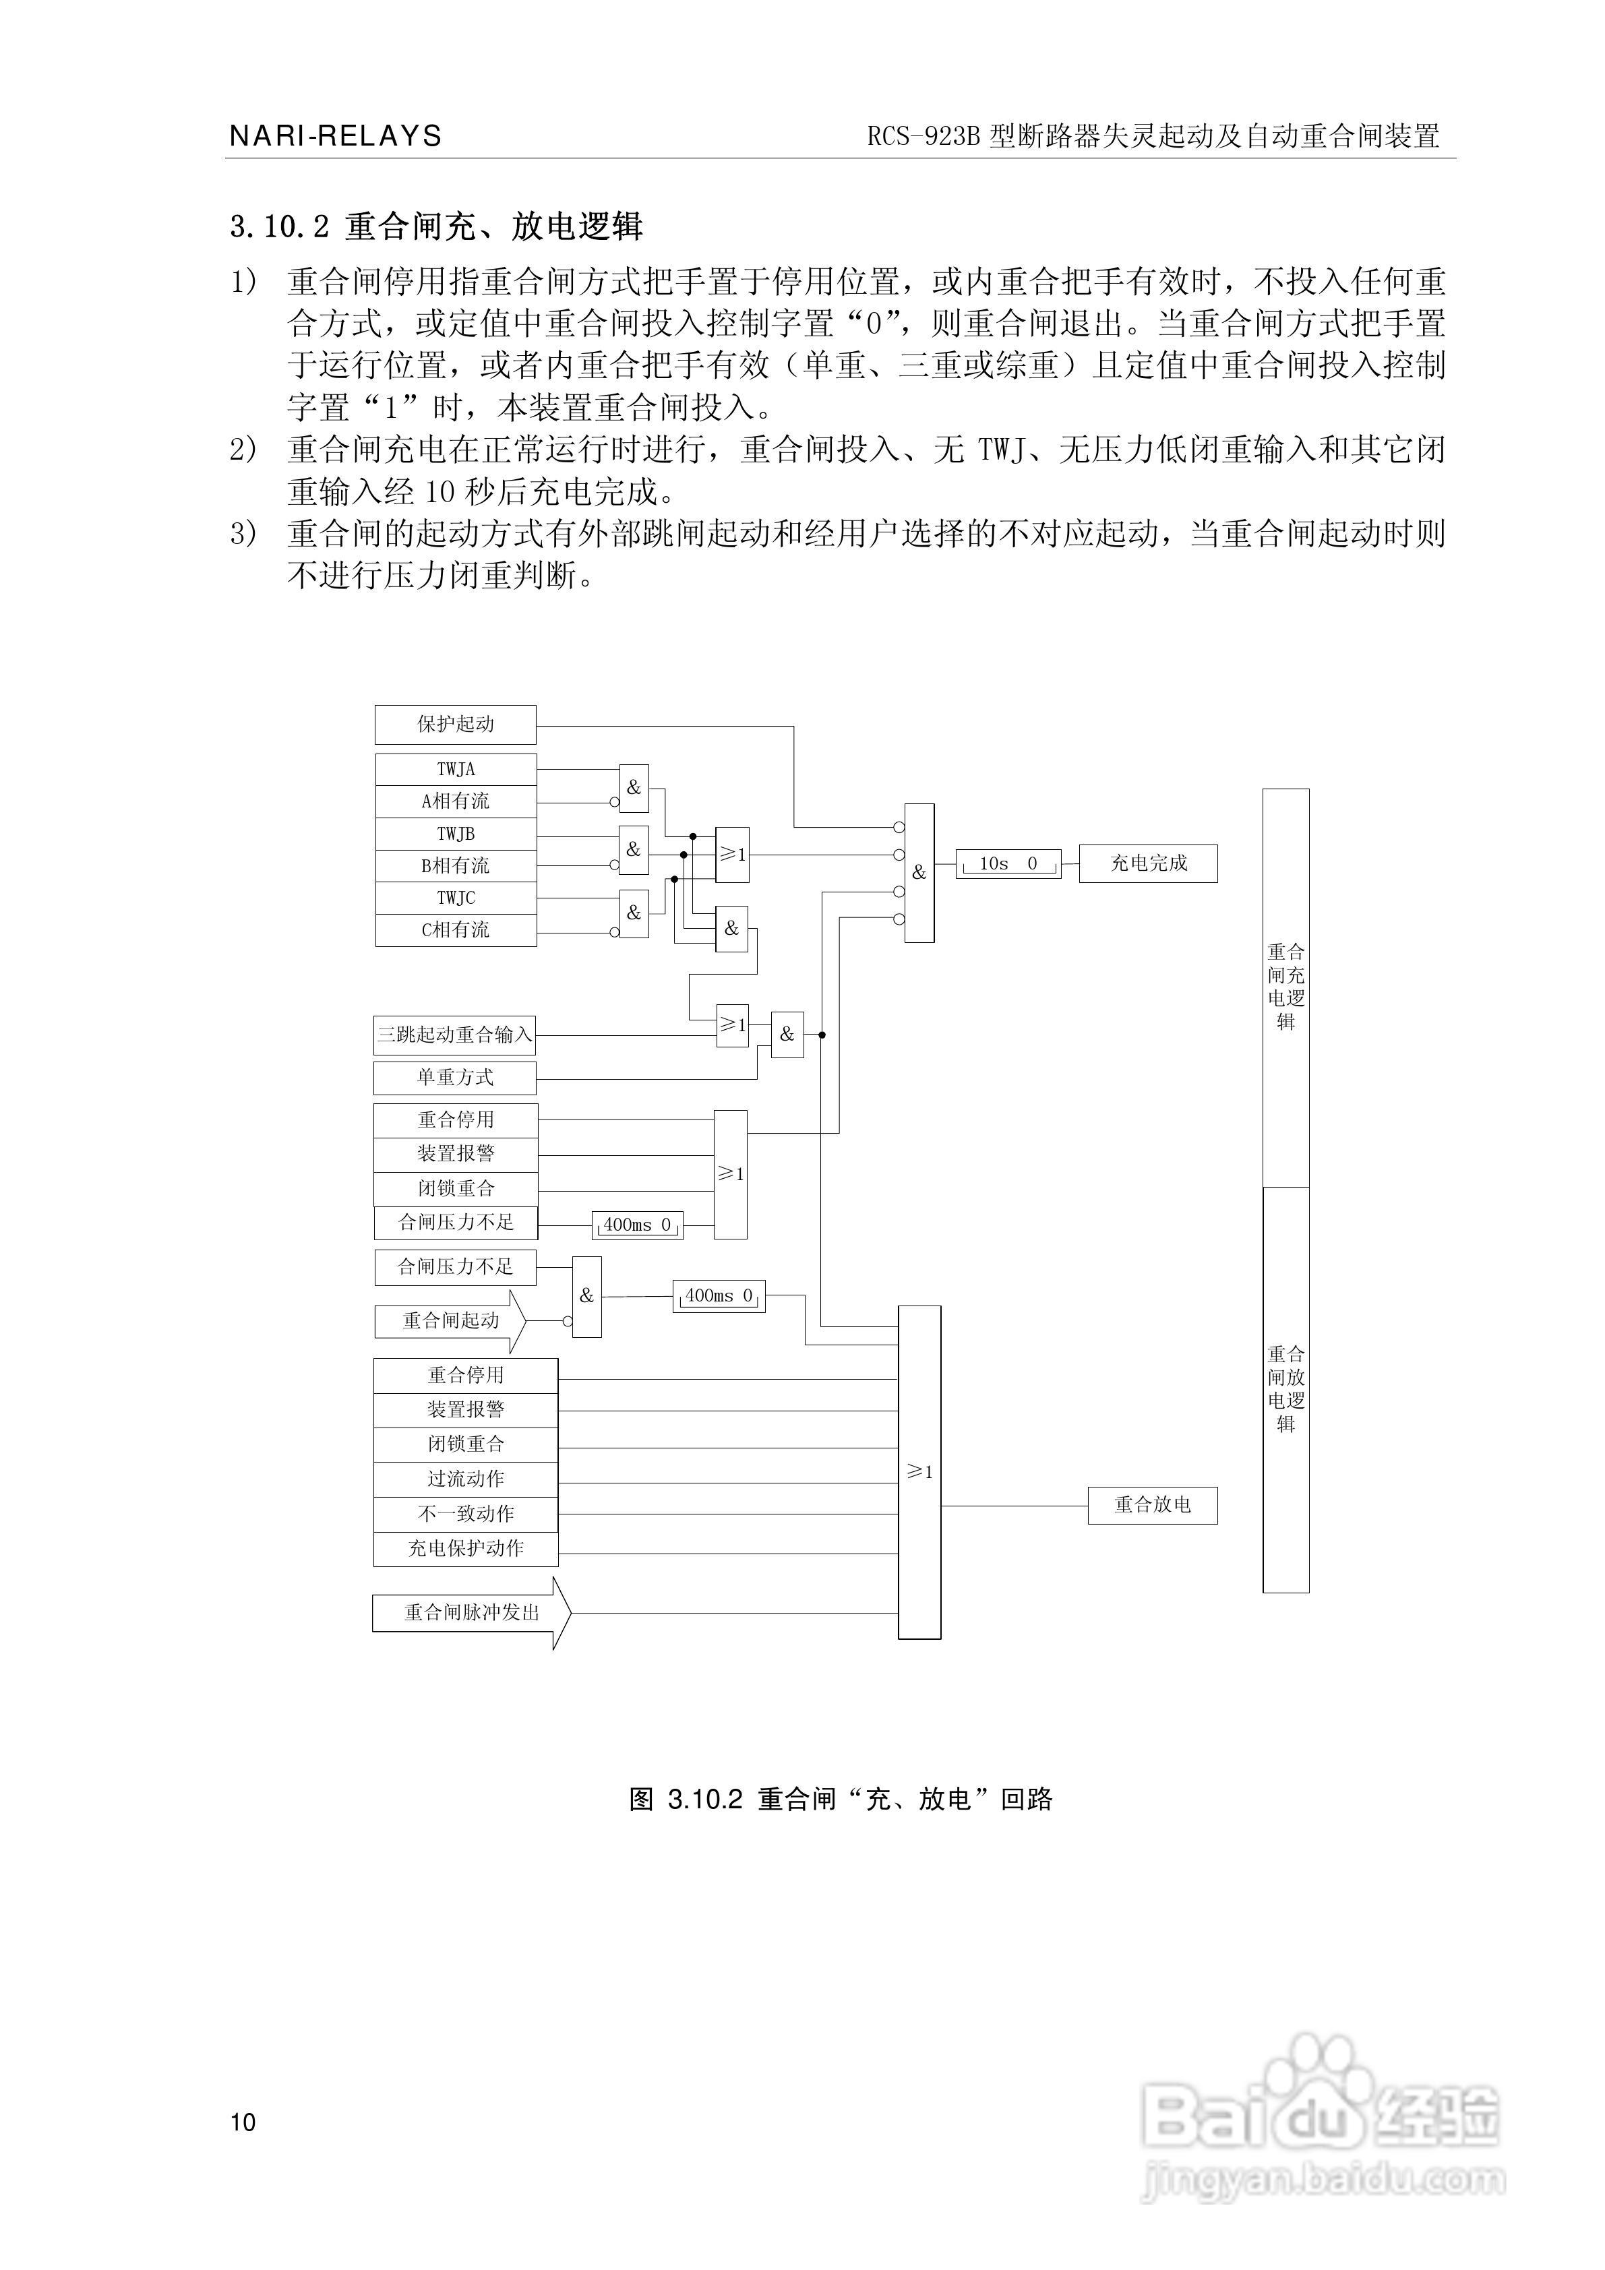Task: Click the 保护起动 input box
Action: (455, 725)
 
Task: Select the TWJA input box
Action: (456, 769)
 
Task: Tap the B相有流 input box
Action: (456, 866)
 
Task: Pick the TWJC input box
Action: (456, 898)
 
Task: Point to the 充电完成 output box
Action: (1147, 863)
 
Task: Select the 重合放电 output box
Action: (1152, 1505)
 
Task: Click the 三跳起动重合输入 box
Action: (455, 1035)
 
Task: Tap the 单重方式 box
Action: (455, 1078)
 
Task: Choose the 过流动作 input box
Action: (466, 1479)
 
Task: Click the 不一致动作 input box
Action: (466, 1514)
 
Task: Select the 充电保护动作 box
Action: (466, 1548)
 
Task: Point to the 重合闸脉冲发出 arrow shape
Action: (471, 1613)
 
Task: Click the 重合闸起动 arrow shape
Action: (450, 1321)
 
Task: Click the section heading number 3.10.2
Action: (279, 227)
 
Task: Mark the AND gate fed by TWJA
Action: (634, 788)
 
